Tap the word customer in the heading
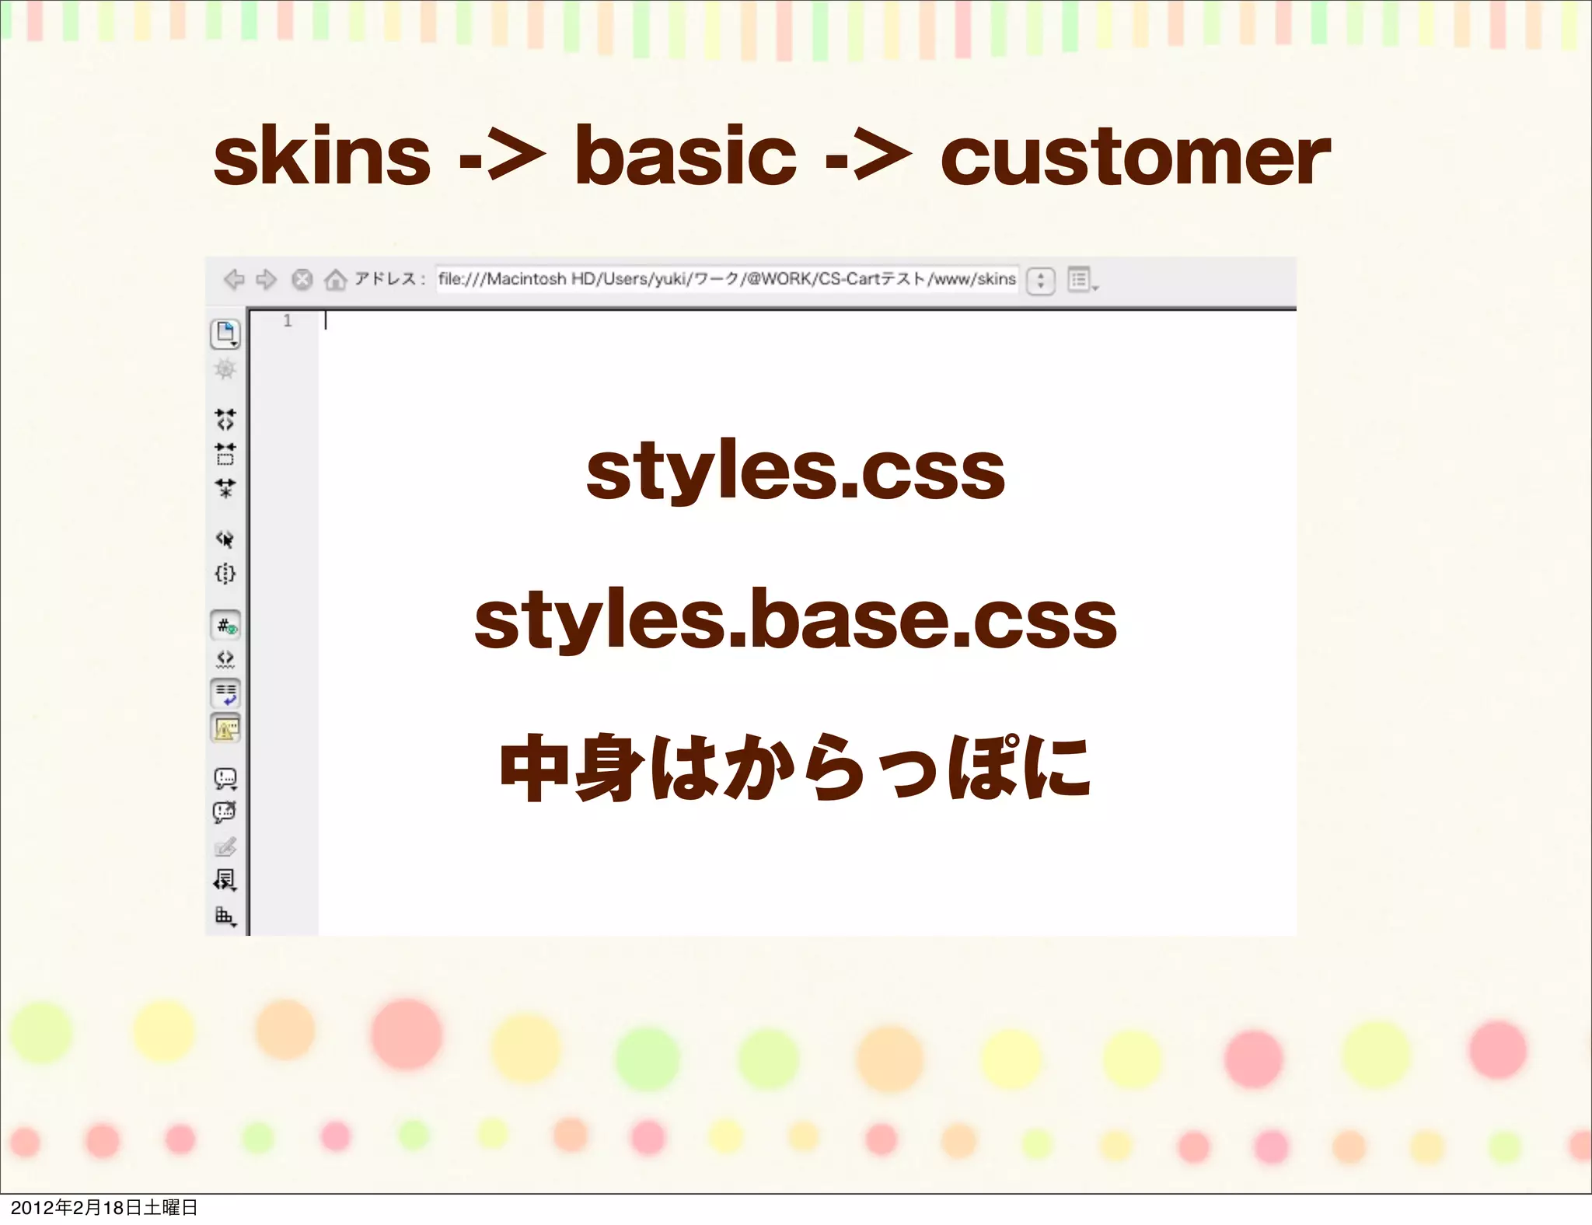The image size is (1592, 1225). click(1134, 158)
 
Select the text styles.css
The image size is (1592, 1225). click(795, 471)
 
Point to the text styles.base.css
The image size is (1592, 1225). click(795, 619)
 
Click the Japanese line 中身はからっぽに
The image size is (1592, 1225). click(795, 768)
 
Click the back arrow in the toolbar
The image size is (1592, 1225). click(234, 279)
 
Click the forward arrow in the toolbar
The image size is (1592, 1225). click(267, 279)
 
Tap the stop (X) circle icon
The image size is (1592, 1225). click(302, 279)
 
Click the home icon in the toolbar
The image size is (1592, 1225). click(335, 279)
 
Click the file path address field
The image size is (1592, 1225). click(726, 279)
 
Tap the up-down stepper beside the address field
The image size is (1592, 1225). click(1040, 280)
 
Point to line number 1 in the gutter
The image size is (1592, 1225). click(288, 320)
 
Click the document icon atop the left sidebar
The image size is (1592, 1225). click(225, 333)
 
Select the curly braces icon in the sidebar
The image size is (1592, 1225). click(225, 574)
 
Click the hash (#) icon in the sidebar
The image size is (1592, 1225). click(225, 626)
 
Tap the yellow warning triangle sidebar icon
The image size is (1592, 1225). click(225, 728)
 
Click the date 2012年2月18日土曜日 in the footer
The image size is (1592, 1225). click(103, 1207)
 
